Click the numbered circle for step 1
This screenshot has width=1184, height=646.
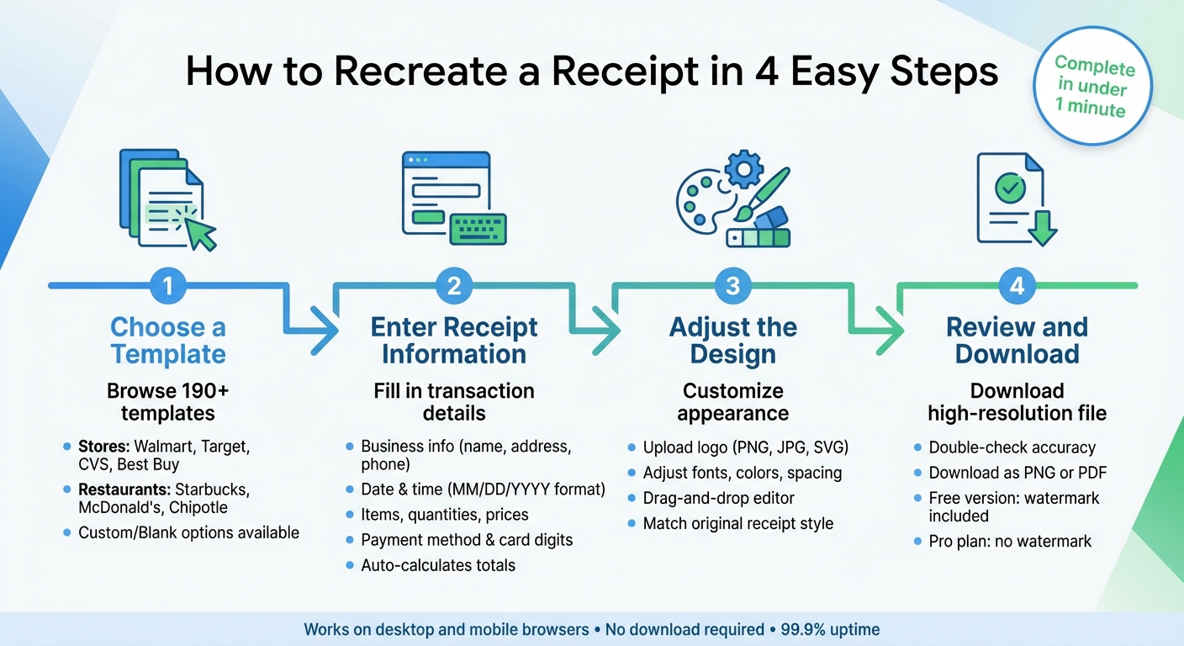tap(168, 286)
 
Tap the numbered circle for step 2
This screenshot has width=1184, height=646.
tap(454, 286)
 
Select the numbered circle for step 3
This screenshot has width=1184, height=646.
tap(732, 286)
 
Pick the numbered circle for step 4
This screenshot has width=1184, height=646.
tap(1017, 286)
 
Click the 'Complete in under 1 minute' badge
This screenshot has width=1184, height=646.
tap(1092, 87)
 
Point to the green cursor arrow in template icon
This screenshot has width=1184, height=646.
tap(199, 231)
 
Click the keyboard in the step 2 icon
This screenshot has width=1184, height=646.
tap(478, 229)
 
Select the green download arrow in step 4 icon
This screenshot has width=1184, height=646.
tap(1042, 227)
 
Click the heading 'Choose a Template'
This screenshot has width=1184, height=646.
tap(168, 340)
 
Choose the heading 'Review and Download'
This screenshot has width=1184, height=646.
tap(1017, 340)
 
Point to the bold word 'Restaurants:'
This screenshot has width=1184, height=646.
tap(123, 490)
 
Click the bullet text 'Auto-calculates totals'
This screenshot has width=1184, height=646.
tap(438, 565)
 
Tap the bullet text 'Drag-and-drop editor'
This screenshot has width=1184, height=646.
tap(719, 498)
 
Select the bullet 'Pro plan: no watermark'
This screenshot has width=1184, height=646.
tap(1010, 541)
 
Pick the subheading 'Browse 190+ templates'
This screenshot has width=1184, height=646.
tap(168, 402)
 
